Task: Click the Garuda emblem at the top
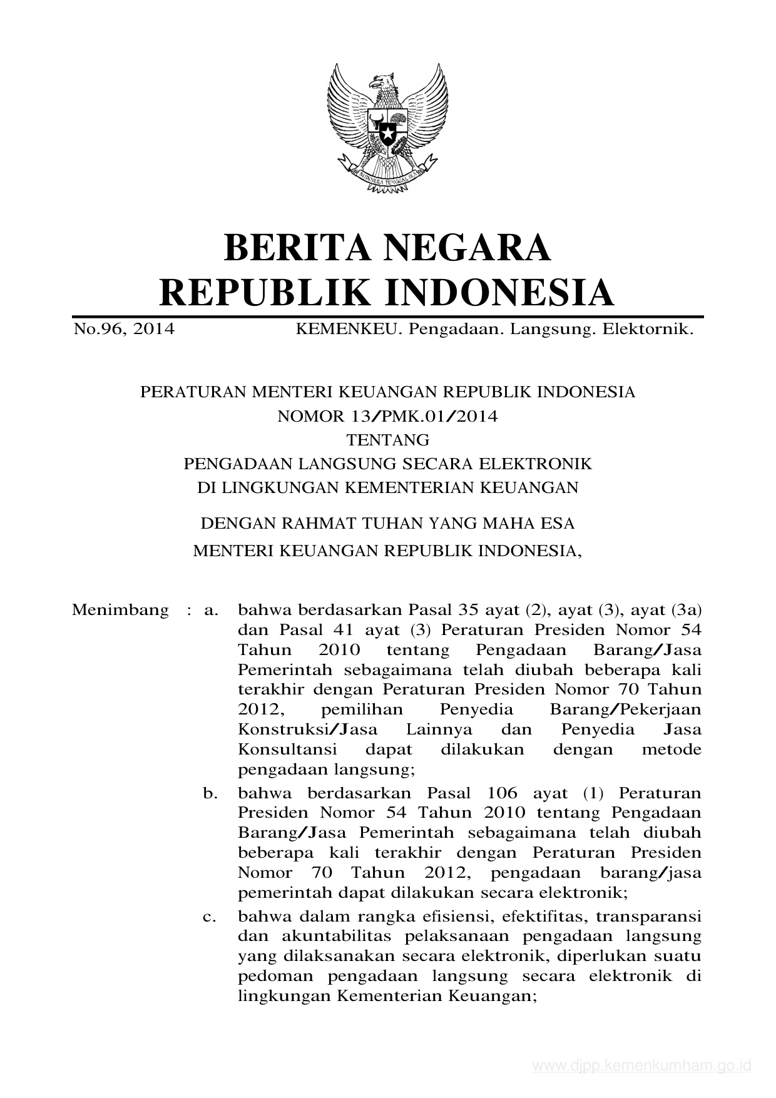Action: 387,128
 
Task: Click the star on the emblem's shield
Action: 387,133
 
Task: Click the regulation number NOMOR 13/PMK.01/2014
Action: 387,416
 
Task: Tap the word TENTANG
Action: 388,440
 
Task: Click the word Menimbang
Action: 120,609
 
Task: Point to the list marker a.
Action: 210,609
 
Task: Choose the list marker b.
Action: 210,793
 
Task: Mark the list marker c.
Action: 210,917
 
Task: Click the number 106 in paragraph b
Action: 501,793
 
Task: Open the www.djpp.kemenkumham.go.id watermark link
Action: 641,1066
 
